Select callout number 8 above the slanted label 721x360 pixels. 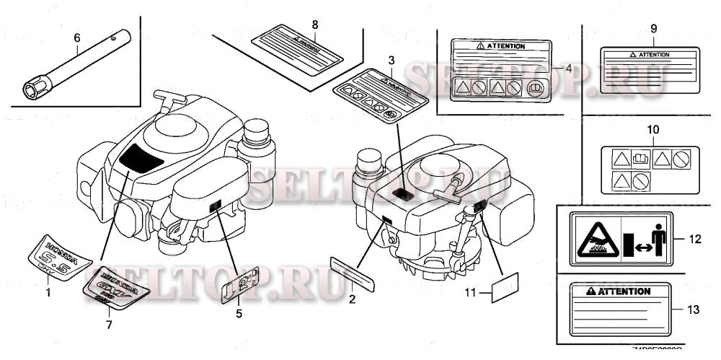tap(315, 25)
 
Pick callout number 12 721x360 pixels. tap(694, 237)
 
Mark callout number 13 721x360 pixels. tap(694, 310)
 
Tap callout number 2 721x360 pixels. tap(352, 298)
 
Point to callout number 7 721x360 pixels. tap(109, 325)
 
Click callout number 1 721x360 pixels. tap(48, 293)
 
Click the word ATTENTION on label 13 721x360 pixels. tap(624, 291)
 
